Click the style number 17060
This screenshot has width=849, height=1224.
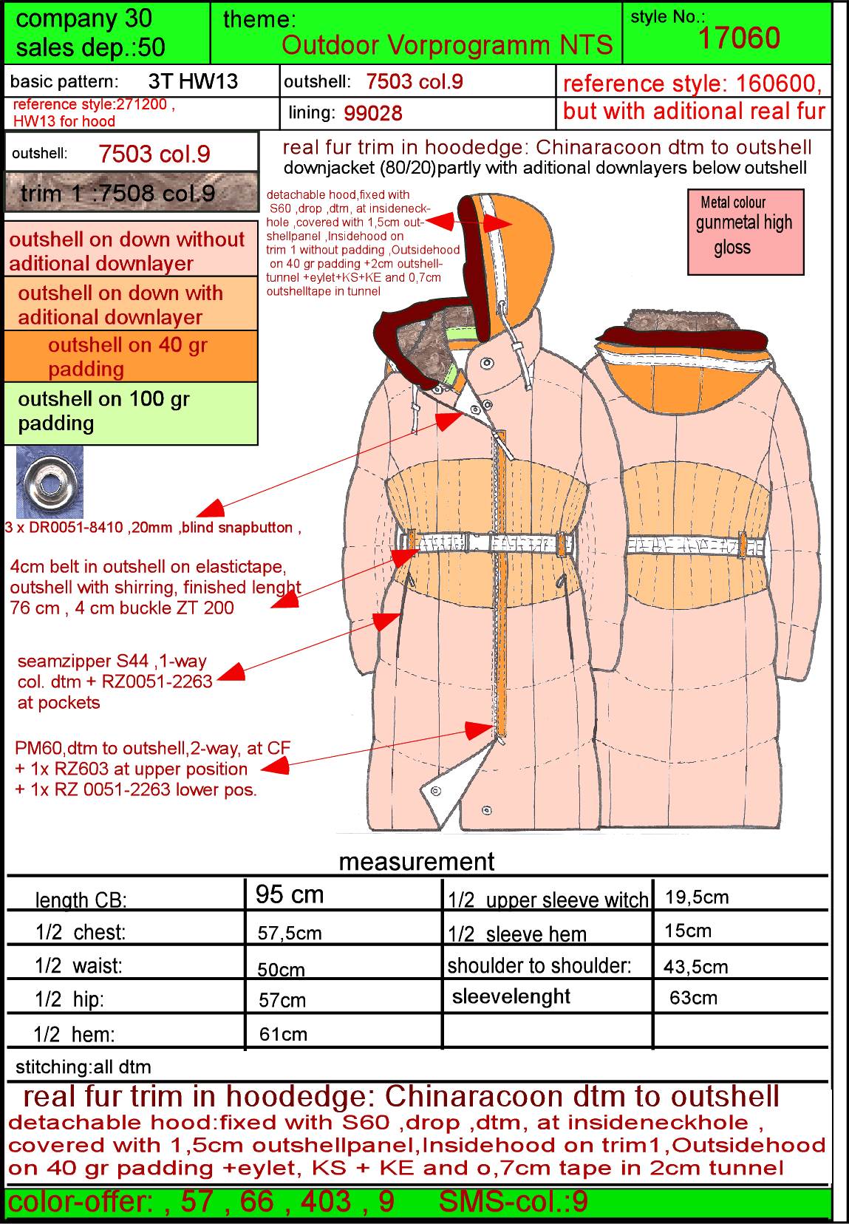click(x=739, y=38)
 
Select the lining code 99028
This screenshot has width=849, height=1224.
click(x=372, y=113)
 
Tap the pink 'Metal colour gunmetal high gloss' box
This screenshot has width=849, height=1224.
click(x=746, y=231)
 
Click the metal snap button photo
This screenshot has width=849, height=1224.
click(x=50, y=481)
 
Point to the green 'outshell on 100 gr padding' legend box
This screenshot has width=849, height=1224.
click(x=131, y=412)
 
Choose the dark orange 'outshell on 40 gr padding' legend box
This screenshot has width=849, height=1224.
click(x=131, y=356)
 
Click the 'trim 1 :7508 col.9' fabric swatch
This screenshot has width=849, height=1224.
click(x=131, y=191)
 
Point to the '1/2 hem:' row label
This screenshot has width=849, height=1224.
click(x=74, y=1034)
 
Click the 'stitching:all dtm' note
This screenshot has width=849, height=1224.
click(x=83, y=1067)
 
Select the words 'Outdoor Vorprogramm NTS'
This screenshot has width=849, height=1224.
click(x=447, y=45)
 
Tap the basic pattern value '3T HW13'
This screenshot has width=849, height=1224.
click(x=193, y=81)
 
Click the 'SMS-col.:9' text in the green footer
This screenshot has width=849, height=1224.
click(x=513, y=1201)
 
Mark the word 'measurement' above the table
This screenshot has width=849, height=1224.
click(x=416, y=861)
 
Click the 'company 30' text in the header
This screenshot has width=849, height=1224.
click(x=83, y=19)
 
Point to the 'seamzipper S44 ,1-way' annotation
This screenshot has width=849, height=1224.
click(x=112, y=662)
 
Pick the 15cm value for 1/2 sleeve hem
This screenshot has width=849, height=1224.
click(x=687, y=931)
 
